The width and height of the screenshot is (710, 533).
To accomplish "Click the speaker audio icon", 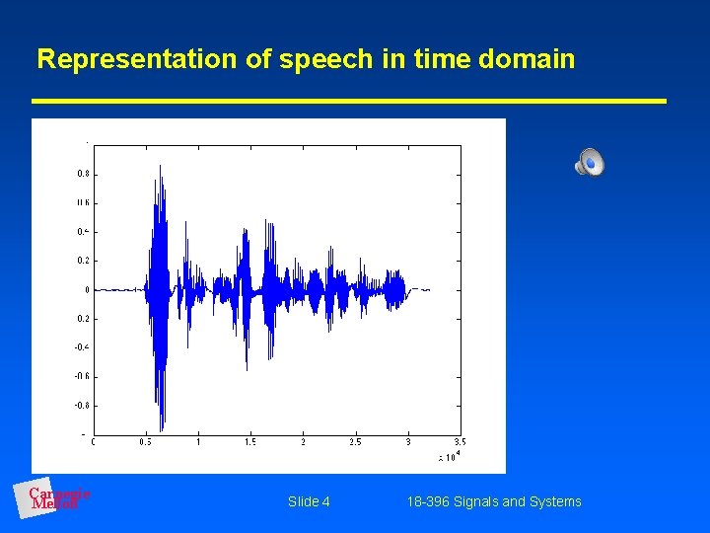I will (589, 162).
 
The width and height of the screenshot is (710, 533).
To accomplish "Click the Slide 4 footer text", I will (309, 501).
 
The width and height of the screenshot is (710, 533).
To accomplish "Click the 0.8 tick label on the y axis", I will (83, 174).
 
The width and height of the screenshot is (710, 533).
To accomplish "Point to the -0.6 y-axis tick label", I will (83, 376).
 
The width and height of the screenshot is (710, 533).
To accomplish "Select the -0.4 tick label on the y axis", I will (83, 347).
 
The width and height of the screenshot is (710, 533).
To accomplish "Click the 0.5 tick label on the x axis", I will (146, 442).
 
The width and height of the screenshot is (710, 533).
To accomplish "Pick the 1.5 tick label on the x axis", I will (250, 442).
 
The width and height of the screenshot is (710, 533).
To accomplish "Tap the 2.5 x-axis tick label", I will (355, 442).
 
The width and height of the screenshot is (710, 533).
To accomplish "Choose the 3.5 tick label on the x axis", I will (460, 442).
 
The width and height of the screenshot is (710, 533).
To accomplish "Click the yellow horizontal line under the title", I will (349, 101).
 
